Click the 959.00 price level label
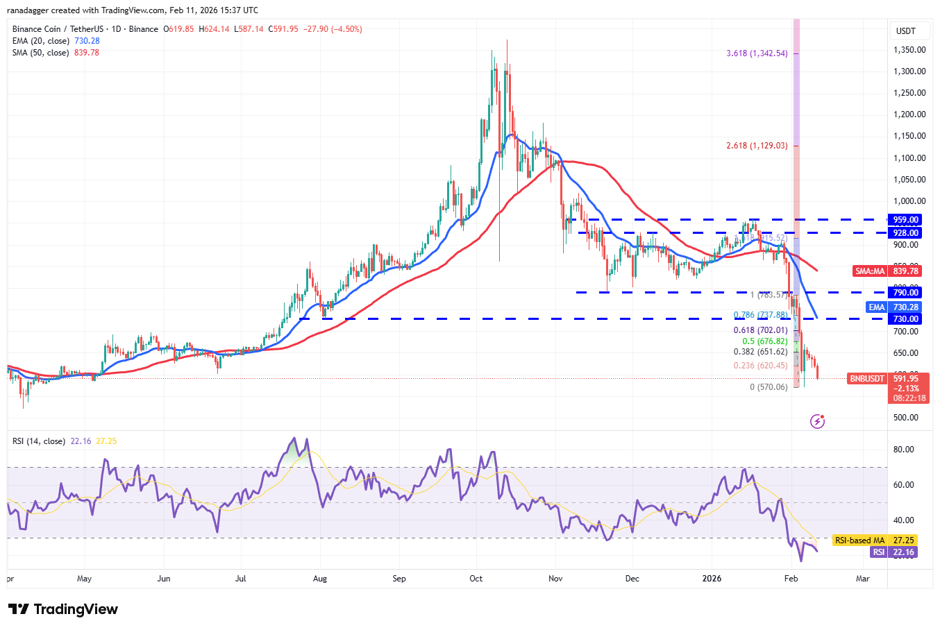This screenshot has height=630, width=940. click(x=905, y=220)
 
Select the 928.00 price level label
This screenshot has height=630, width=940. click(x=905, y=233)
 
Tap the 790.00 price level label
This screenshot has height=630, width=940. click(x=905, y=293)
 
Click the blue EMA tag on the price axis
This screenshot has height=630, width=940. click(x=877, y=307)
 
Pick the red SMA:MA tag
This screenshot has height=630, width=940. click(x=870, y=271)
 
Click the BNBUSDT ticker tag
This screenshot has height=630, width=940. click(x=867, y=379)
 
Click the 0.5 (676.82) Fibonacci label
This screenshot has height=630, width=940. click(x=764, y=341)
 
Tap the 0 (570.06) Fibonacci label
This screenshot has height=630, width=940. click(x=769, y=387)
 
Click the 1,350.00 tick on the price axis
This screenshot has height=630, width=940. click(x=909, y=50)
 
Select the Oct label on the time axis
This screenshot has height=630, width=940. click(x=476, y=579)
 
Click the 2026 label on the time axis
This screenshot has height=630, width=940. click(x=712, y=579)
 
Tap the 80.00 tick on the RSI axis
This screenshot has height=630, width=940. click(x=903, y=450)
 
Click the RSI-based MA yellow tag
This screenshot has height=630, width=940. click(x=859, y=540)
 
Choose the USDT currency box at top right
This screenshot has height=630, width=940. click(x=905, y=31)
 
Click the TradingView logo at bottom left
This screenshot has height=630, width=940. click(x=63, y=609)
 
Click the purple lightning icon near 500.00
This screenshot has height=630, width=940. click(x=817, y=421)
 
